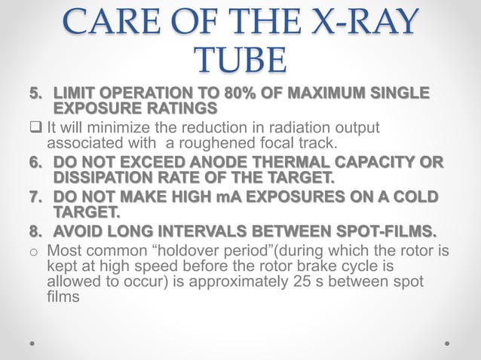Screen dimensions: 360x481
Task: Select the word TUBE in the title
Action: pos(240,60)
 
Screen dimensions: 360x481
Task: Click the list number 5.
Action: pos(35,93)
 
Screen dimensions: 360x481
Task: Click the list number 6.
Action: pos(35,162)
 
